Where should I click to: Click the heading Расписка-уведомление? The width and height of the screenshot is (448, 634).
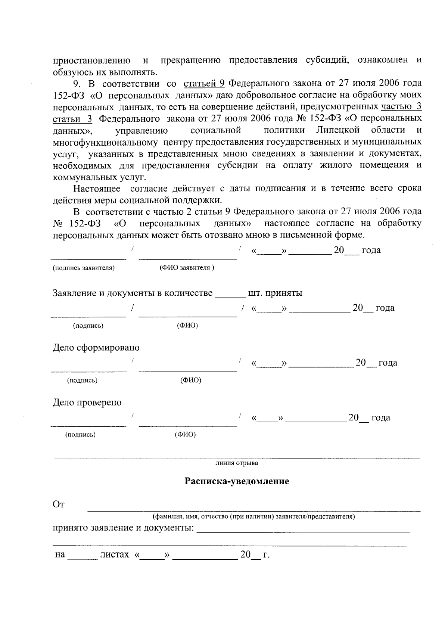[x=237, y=481]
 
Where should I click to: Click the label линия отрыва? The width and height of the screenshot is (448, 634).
[x=237, y=463]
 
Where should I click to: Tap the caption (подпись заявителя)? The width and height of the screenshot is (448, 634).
[x=84, y=268]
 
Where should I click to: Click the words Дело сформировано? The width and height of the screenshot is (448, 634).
[x=96, y=348]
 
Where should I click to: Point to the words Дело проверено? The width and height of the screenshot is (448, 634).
[x=87, y=403]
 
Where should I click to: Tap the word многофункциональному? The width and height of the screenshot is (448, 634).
[x=105, y=142]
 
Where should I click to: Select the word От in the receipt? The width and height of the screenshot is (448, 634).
[x=59, y=505]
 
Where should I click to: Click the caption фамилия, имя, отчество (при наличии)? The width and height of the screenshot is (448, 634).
[x=253, y=517]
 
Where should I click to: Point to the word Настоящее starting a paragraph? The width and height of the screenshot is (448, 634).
[x=97, y=188]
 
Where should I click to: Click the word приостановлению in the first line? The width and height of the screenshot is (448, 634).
[x=91, y=60]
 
